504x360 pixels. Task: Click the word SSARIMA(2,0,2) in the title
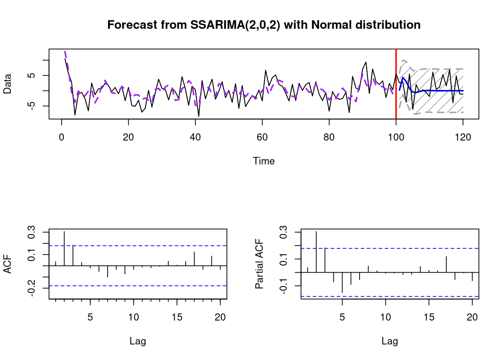(x=235, y=25)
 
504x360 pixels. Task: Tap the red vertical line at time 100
(x=396, y=84)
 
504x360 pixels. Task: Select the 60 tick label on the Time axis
(x=262, y=137)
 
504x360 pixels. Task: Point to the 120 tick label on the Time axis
(x=463, y=137)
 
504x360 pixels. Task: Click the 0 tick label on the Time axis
(x=61, y=137)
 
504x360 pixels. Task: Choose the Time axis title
(x=264, y=161)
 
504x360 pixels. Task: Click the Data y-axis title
(x=7, y=84)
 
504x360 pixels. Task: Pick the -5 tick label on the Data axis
(x=31, y=106)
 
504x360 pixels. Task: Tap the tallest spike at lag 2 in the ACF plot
(x=64, y=248)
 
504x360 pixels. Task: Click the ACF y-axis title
(x=7, y=264)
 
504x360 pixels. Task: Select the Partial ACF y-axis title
(x=259, y=264)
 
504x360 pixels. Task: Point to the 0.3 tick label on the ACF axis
(x=31, y=232)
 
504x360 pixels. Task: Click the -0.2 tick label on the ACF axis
(x=31, y=288)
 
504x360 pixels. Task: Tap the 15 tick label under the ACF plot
(x=177, y=317)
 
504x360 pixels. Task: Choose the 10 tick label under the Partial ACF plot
(x=385, y=317)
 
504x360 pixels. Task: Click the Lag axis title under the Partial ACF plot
(x=390, y=342)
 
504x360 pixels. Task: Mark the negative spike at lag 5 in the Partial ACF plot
(x=342, y=282)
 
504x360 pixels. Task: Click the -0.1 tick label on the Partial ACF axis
(x=283, y=286)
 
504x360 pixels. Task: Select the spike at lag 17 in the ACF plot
(x=194, y=259)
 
